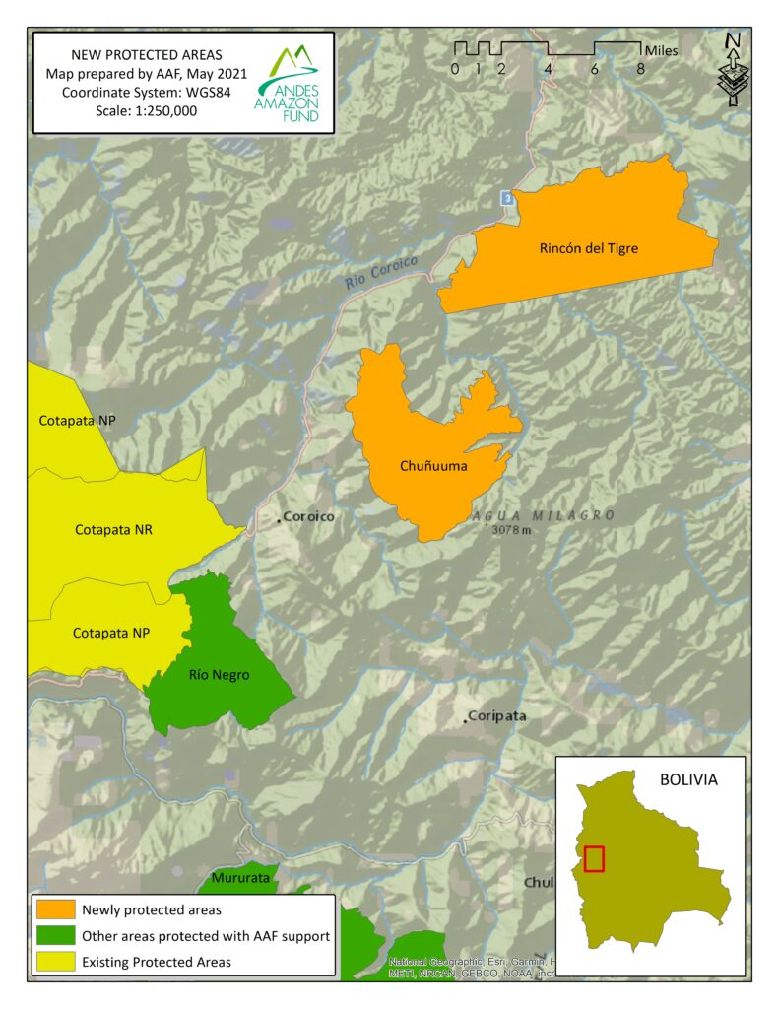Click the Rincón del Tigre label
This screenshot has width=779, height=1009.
click(x=588, y=248)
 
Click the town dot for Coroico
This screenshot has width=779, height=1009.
click(x=280, y=519)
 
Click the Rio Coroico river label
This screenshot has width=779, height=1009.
click(x=381, y=273)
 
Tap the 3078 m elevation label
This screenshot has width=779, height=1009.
click(x=511, y=531)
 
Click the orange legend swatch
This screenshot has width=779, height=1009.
click(x=54, y=910)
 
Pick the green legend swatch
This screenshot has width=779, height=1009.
click(x=54, y=936)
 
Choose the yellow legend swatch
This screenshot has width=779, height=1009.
click(x=54, y=962)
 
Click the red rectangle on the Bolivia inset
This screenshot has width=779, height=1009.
click(x=594, y=859)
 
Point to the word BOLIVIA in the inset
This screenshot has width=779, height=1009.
click(x=688, y=779)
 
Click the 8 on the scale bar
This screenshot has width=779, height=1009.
click(x=641, y=69)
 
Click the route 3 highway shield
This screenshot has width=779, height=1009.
click(x=506, y=198)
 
